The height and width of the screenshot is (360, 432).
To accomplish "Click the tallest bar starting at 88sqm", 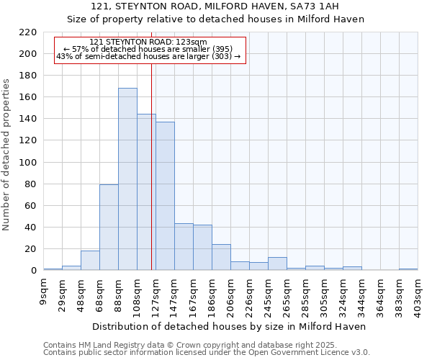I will pos(127,179).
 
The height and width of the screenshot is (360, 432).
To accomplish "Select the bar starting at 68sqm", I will pos(109,228).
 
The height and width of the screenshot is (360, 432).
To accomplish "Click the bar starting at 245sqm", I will pos(277,264).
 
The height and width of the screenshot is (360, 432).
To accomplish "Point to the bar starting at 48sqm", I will pos(90,261).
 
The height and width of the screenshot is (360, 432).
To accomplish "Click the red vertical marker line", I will pos(152,180).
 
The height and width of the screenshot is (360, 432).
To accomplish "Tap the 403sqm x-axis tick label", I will pos(418,295).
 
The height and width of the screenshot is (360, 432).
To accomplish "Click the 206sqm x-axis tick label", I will pos(231,295).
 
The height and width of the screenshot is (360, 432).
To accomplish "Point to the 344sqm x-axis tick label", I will pos(362,295).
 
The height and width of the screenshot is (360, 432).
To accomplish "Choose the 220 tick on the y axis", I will pos(28,32).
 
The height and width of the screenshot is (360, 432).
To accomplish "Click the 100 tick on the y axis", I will pos(28,163).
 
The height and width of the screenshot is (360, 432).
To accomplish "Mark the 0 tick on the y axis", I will pos(34,271).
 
